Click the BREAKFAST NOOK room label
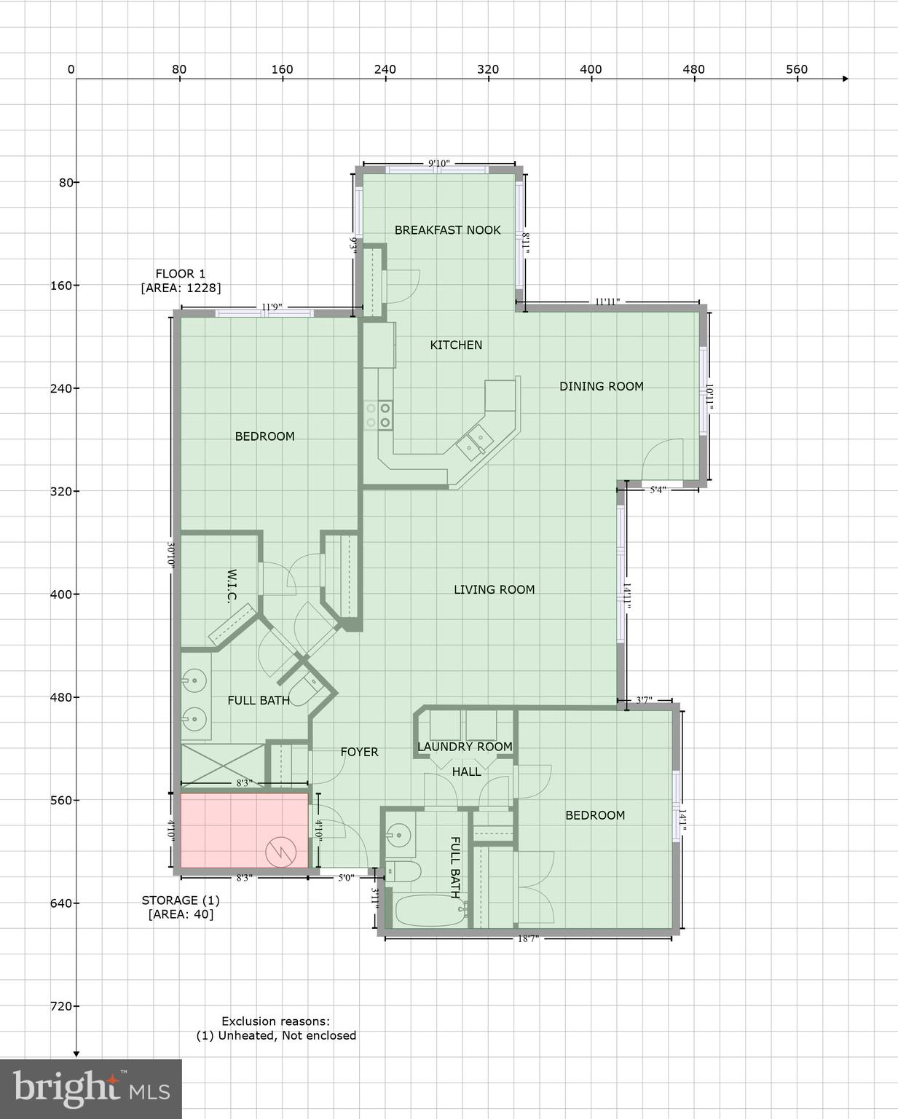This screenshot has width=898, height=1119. click(447, 230)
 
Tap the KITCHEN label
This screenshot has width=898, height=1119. click(456, 345)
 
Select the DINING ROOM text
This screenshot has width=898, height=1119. click(601, 386)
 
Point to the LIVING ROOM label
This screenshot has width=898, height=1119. click(494, 589)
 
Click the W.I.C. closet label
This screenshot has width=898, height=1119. click(232, 586)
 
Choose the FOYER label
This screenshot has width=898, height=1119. click(359, 752)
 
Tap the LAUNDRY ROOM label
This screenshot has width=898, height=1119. click(465, 747)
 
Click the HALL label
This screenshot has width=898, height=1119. click(466, 771)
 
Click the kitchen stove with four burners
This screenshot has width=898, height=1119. click(378, 415)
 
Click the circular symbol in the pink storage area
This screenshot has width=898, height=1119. click(280, 852)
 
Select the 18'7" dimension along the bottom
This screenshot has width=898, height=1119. click(528, 939)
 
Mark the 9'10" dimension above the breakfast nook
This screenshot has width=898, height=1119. click(438, 164)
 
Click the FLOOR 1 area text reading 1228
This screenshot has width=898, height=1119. click(181, 288)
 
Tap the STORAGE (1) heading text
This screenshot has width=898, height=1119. click(181, 900)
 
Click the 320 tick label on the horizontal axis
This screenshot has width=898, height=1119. click(488, 69)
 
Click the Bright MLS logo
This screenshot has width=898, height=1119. click(90, 1088)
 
